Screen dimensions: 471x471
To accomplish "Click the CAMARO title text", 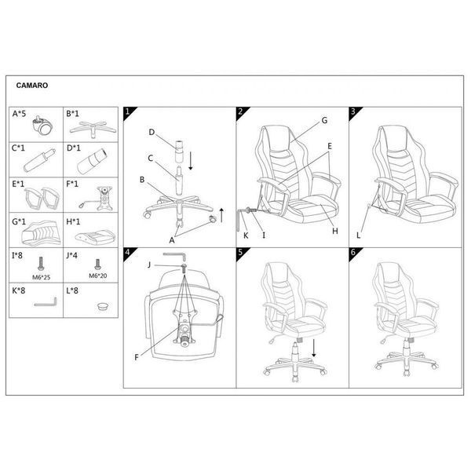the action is (x=32, y=86).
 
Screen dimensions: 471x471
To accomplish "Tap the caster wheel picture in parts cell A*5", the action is (x=42, y=126).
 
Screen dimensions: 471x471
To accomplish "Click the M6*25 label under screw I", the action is (x=41, y=277).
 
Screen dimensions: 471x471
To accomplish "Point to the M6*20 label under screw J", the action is (x=98, y=276).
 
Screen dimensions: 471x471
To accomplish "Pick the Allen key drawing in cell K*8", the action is (x=46, y=302).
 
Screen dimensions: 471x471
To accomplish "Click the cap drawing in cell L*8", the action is (x=103, y=306).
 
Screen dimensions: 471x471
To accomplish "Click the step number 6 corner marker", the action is (x=354, y=253).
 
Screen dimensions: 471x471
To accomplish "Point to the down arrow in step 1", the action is (x=190, y=161).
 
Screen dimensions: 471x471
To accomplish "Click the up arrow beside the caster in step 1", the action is (x=221, y=215).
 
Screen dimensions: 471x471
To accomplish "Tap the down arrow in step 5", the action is (x=314, y=349).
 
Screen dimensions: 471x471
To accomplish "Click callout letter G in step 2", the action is (x=324, y=120).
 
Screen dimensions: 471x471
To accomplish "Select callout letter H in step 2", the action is (x=335, y=231).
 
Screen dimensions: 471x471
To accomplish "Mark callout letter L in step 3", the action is (x=358, y=235).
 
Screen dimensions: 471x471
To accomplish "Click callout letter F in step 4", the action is (x=137, y=357).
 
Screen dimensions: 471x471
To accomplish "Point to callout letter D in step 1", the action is (x=152, y=132).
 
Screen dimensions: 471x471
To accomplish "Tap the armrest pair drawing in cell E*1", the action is (x=42, y=199).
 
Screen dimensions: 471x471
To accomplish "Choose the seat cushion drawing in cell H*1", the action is (x=95, y=237).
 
